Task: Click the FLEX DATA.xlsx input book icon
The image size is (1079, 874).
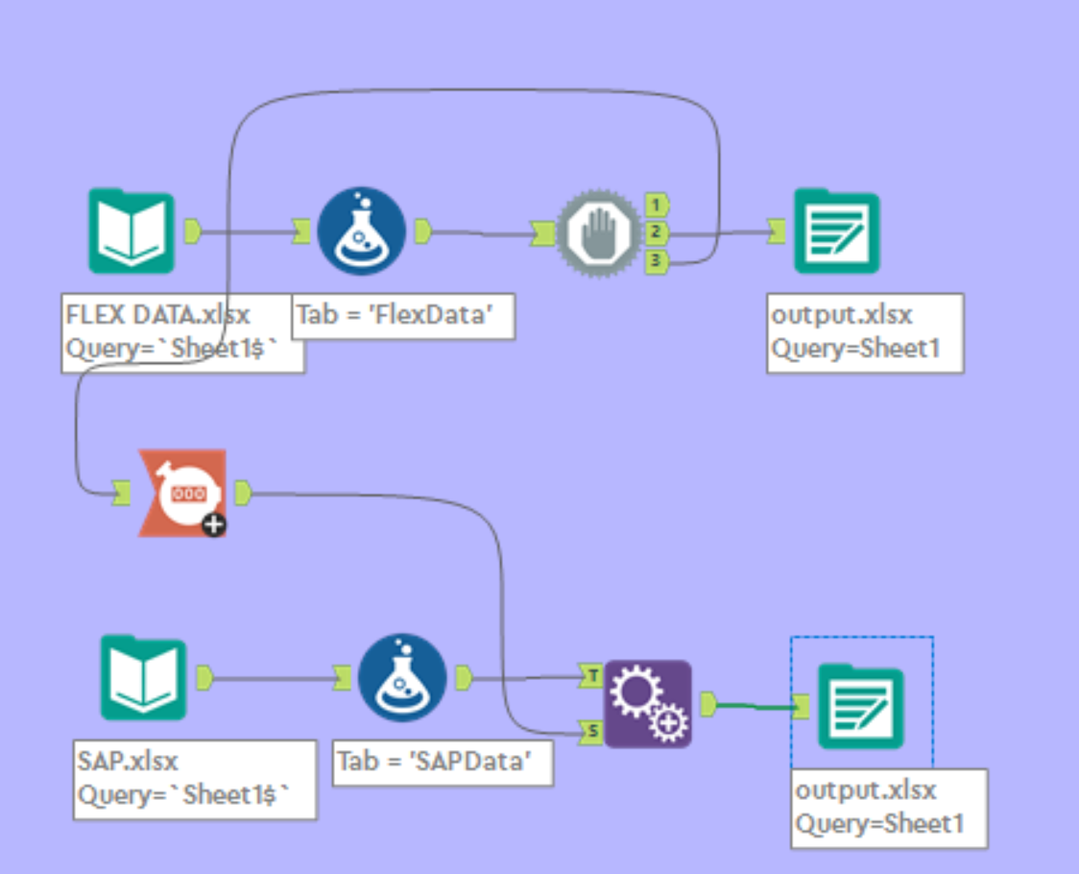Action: tap(132, 231)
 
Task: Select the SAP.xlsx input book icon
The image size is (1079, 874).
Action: tap(144, 677)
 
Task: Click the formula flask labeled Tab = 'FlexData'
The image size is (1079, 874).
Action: tap(362, 231)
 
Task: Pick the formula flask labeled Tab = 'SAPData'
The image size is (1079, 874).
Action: tap(402, 677)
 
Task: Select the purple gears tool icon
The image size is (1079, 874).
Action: tap(647, 704)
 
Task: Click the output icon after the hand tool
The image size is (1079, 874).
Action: tap(836, 231)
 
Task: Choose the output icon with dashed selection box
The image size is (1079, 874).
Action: tap(860, 706)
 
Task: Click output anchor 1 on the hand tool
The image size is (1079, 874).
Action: tap(657, 205)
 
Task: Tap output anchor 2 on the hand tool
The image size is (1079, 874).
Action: tap(657, 231)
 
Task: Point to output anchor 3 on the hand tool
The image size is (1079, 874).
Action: tap(657, 259)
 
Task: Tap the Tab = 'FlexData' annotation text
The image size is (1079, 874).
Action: tap(403, 315)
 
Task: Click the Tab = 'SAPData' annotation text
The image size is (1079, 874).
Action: tap(444, 762)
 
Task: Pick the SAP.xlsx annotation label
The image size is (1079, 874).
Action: tap(195, 778)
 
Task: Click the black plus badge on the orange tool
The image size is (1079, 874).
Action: tap(214, 524)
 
